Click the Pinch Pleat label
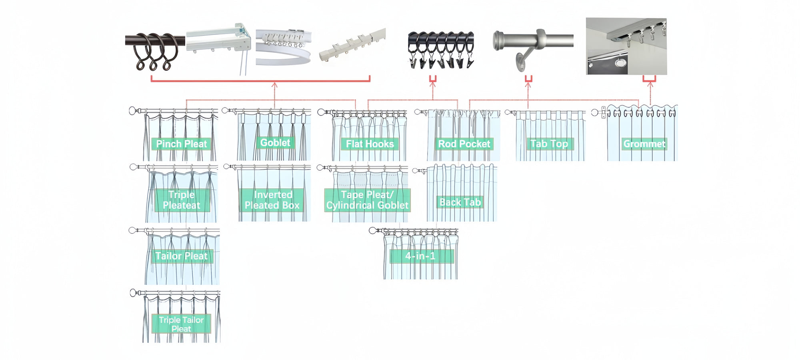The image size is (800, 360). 182,144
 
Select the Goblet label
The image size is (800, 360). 275,143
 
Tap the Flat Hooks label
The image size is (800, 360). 370,144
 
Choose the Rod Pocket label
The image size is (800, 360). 464,144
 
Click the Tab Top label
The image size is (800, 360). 549,144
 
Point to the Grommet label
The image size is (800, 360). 644,144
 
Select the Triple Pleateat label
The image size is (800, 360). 182,200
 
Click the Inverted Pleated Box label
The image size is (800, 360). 272,200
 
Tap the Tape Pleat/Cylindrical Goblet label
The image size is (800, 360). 367,200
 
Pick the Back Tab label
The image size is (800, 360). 460,202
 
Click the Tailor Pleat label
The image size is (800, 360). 182,256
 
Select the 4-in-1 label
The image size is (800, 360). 421,256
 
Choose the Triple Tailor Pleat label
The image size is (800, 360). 182,324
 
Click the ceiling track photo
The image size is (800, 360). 626,46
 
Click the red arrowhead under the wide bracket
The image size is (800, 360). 274,85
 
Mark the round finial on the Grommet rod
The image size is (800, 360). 595,113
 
